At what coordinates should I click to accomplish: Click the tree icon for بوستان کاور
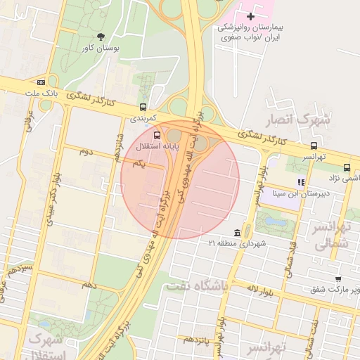point(101,36)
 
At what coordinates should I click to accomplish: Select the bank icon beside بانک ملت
point(41,81)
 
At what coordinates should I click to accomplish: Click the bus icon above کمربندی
point(143,107)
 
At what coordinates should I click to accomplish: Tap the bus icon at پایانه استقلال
point(156,135)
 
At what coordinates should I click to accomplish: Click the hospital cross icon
point(250,15)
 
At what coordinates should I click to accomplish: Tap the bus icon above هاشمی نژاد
point(347,167)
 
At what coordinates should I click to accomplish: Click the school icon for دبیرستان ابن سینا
point(300,181)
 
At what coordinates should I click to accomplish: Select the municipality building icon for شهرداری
point(237,233)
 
